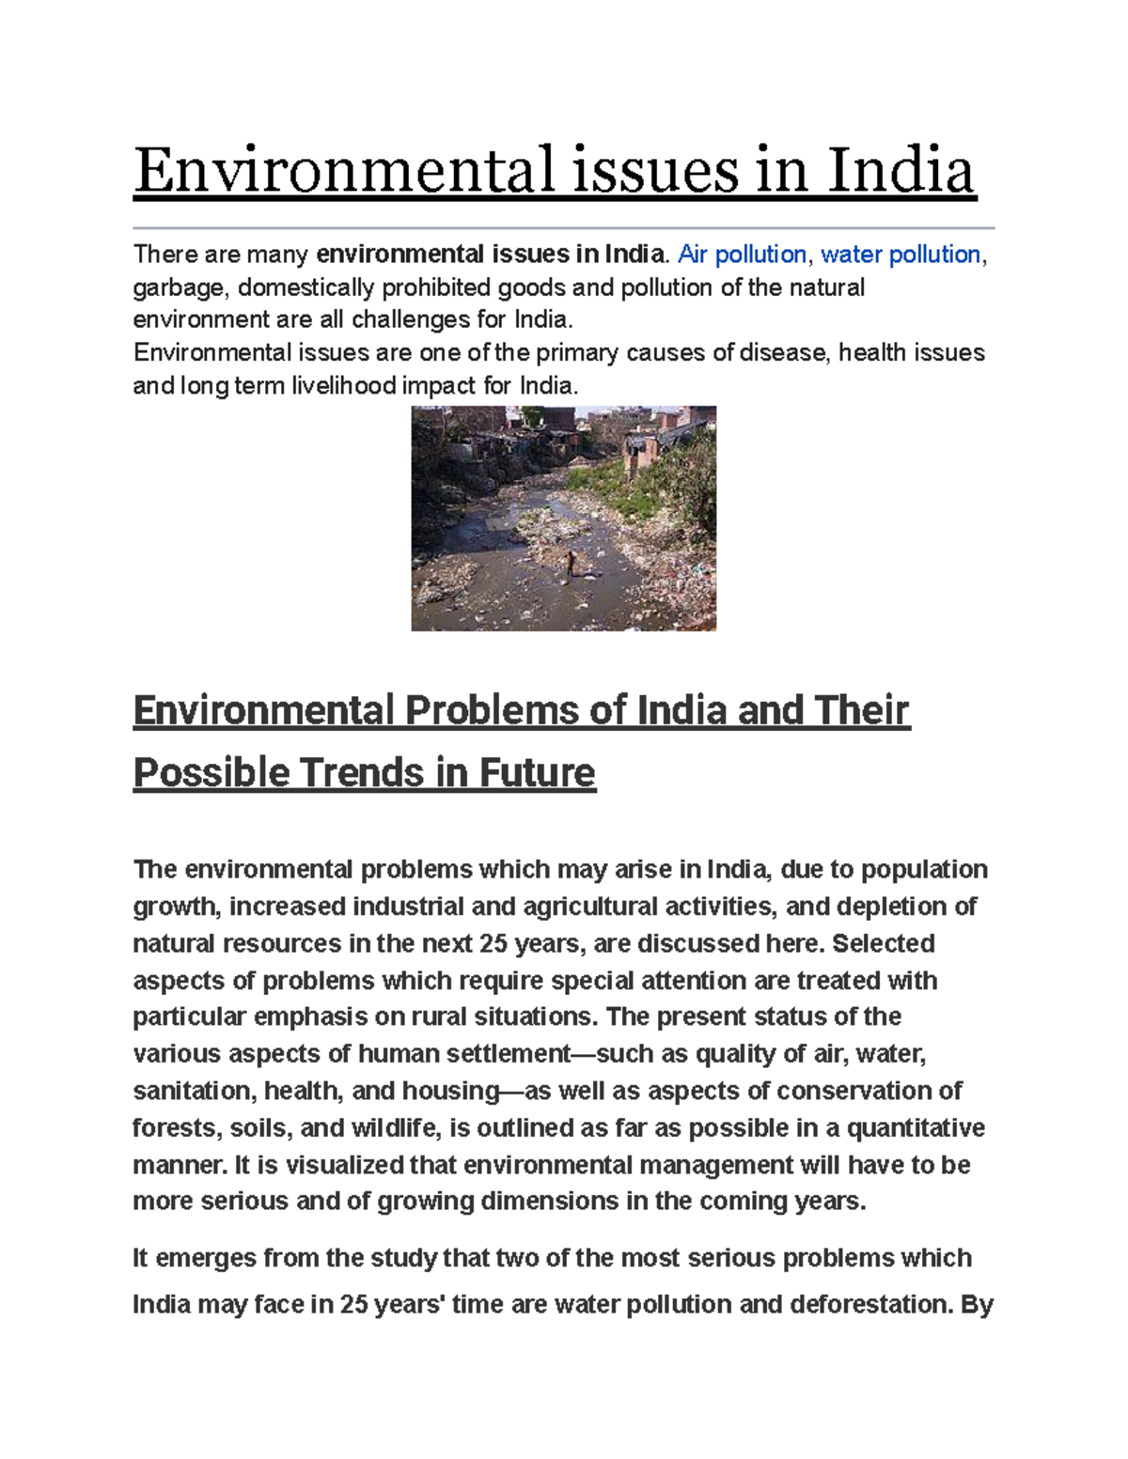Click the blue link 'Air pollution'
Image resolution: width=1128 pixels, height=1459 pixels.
742,255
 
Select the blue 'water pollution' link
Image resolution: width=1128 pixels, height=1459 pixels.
901,255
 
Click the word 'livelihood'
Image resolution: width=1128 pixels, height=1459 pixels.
343,386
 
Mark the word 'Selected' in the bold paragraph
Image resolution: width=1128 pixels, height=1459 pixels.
883,943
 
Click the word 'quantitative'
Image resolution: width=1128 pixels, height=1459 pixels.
916,1127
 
